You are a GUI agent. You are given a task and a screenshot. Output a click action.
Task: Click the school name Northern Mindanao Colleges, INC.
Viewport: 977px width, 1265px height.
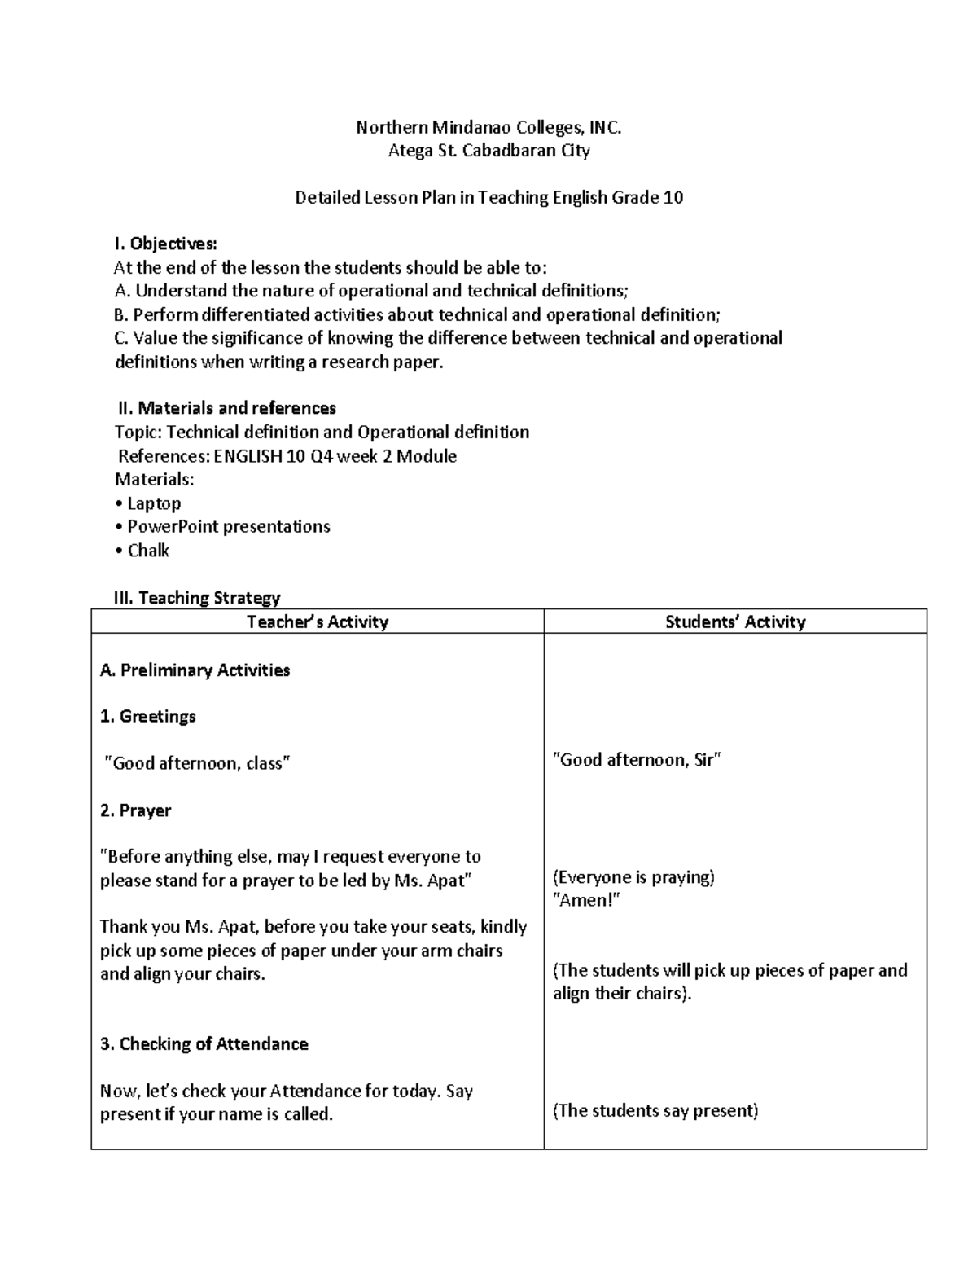[488, 127]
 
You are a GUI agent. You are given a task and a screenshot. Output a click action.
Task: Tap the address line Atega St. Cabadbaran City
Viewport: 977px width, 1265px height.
[488, 151]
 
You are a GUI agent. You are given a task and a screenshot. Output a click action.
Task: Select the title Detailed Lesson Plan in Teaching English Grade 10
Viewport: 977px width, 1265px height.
[488, 197]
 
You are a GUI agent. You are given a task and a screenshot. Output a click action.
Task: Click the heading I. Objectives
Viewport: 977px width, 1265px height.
[165, 244]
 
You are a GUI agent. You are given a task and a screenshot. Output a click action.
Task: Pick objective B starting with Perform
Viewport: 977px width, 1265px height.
[418, 314]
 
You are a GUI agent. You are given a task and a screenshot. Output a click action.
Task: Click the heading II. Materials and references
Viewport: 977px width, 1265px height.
[226, 408]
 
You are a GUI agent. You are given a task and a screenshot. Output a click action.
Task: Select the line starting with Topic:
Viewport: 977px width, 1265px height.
[322, 432]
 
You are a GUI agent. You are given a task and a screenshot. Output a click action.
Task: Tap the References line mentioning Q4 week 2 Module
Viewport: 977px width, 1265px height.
[287, 455]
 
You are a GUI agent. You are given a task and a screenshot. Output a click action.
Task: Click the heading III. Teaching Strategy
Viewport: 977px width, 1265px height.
[197, 598]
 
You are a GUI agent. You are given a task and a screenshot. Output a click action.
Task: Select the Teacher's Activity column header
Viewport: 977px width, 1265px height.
[317, 622]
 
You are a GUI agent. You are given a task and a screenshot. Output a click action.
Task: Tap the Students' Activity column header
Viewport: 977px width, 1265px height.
[735, 622]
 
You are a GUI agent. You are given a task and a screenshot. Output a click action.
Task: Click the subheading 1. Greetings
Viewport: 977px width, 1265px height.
[148, 717]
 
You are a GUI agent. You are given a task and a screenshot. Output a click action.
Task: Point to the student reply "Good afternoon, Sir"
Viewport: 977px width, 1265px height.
[637, 760]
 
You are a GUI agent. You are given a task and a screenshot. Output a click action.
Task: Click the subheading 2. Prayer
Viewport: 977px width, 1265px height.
[136, 810]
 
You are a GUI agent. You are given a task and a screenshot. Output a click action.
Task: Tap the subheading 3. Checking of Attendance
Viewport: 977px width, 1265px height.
[204, 1044]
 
